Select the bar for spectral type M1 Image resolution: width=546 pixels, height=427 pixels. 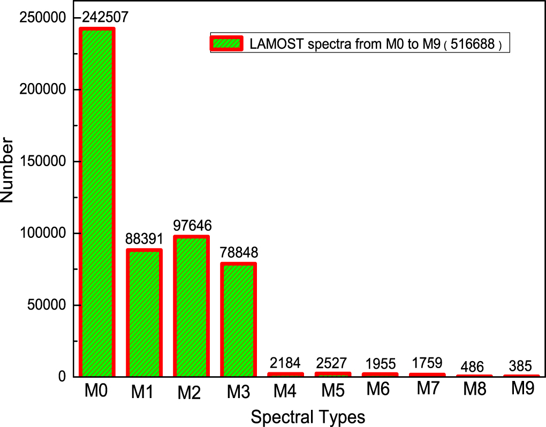point(143,313)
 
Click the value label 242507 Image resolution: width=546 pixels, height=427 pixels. point(105,17)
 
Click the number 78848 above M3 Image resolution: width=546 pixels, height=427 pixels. point(238,252)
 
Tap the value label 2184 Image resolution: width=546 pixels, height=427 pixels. point(285,363)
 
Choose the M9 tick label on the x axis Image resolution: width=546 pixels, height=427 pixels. point(522,389)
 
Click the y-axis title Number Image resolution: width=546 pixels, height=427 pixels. point(7,170)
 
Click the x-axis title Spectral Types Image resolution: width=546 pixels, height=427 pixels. point(308,417)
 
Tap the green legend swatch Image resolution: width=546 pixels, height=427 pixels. point(226,43)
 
